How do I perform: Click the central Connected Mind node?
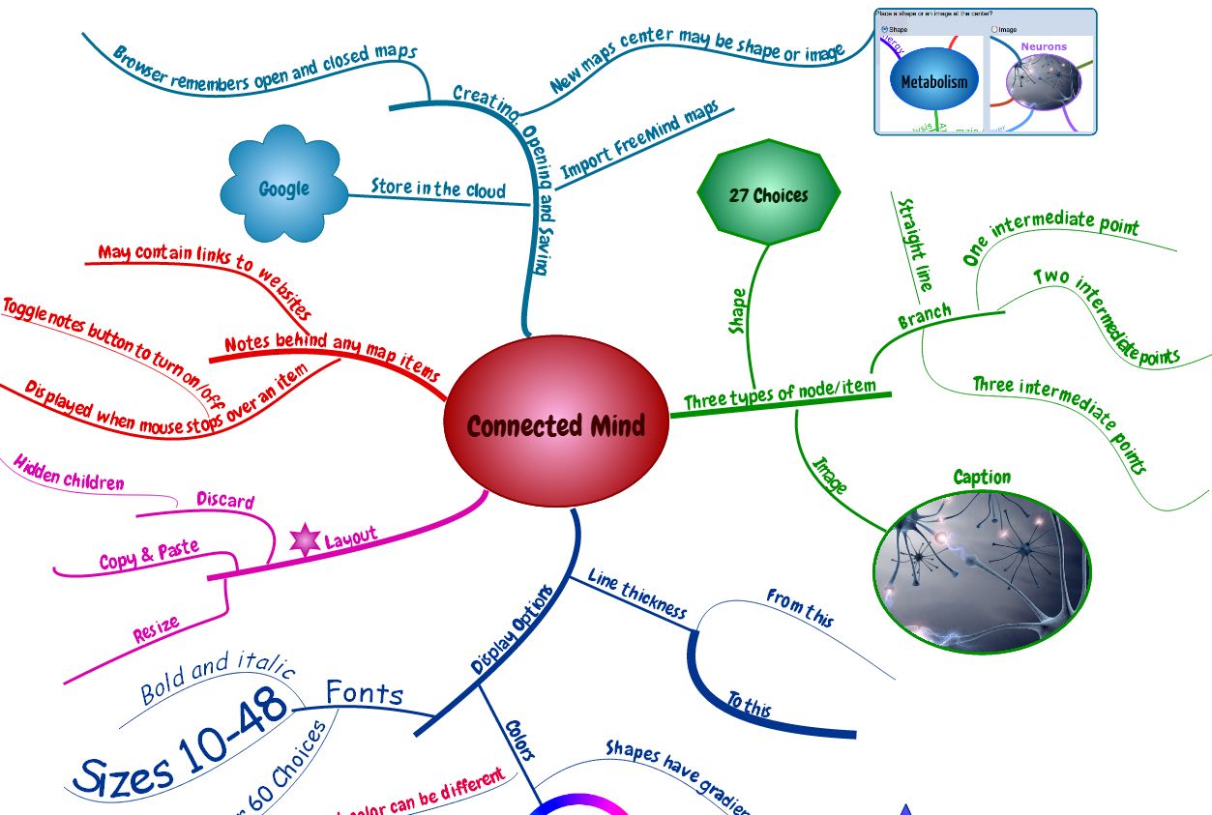pos(556,424)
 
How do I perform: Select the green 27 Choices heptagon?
pos(768,195)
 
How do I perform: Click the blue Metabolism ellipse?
pos(933,81)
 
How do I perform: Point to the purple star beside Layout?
pos(306,540)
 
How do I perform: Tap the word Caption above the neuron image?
pos(982,477)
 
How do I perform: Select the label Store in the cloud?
pos(438,188)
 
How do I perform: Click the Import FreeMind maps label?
pos(639,140)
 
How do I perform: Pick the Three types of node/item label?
pos(780,393)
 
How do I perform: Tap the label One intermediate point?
pos(1051,238)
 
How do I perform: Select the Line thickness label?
pos(637,594)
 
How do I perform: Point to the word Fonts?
pos(364,692)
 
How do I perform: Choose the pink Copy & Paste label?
pos(149,556)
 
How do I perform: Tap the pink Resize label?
pos(157,629)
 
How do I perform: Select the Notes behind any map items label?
pos(332,357)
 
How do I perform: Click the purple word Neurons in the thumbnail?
pos(1044,46)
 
